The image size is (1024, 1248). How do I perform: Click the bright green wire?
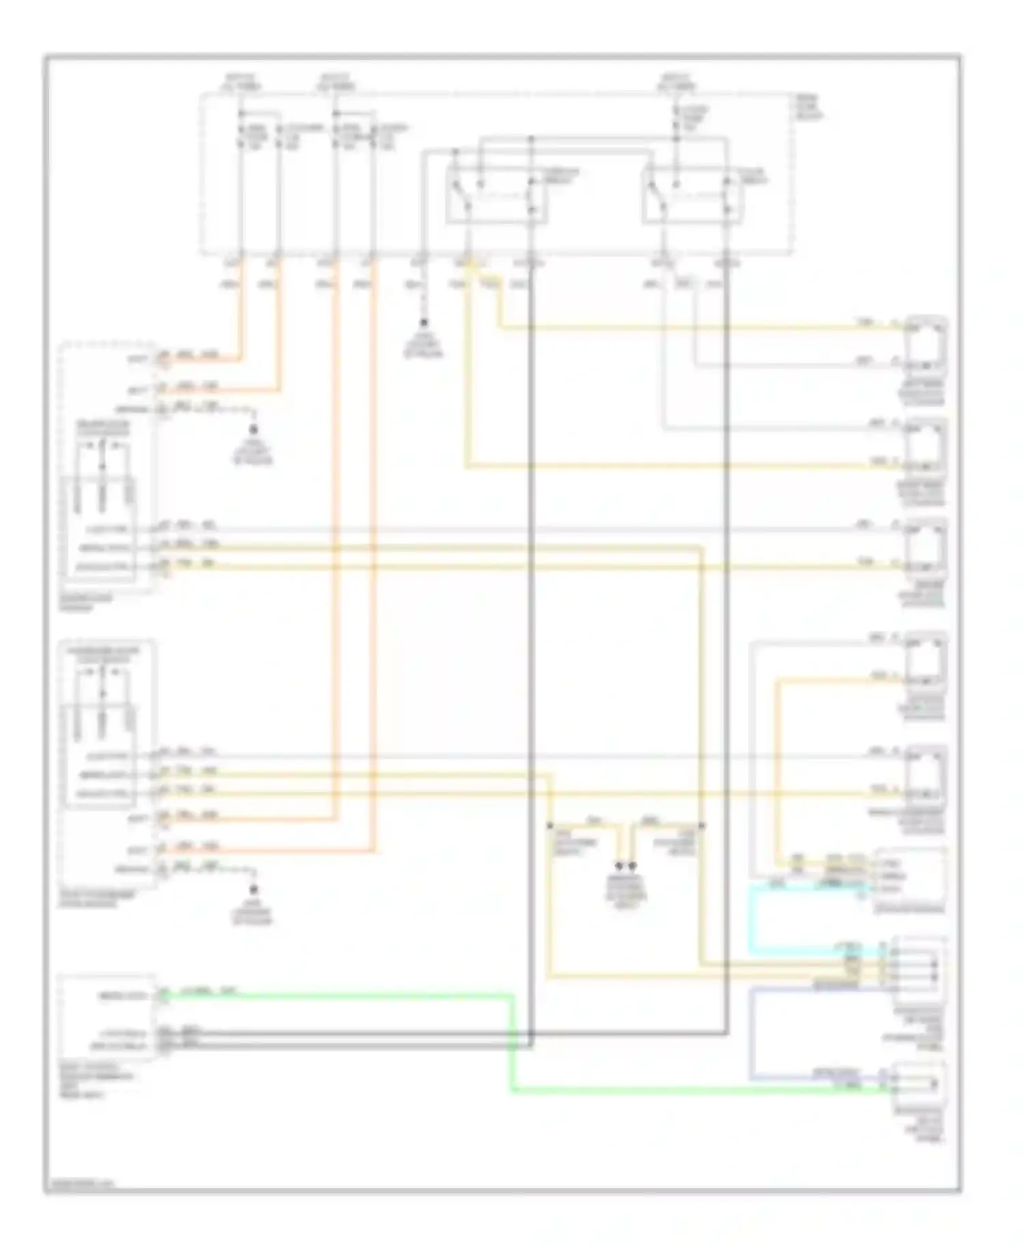pyautogui.click(x=512, y=1045)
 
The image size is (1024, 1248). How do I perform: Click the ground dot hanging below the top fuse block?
pyautogui.click(x=424, y=322)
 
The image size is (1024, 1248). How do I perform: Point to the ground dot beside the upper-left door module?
pyautogui.click(x=253, y=429)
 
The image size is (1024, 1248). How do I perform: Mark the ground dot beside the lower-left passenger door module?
pyautogui.click(x=253, y=890)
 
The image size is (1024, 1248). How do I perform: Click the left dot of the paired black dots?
pyautogui.click(x=620, y=866)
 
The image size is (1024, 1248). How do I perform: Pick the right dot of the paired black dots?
pyautogui.click(x=633, y=866)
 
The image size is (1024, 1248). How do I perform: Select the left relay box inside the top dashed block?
pyautogui.click(x=496, y=195)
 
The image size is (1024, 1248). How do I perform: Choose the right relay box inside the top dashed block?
pyautogui.click(x=692, y=195)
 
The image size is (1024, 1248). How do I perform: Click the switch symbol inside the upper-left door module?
pyautogui.click(x=103, y=454)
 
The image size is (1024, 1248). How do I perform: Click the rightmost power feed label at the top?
pyautogui.click(x=677, y=83)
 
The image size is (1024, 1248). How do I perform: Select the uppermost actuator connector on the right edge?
pyautogui.click(x=926, y=348)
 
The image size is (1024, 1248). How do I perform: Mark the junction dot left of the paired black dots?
pyautogui.click(x=550, y=826)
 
